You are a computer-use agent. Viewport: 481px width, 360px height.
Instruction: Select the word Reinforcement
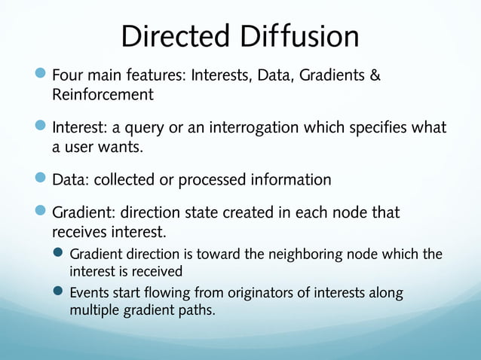(x=103, y=95)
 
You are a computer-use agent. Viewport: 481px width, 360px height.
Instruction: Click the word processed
(x=216, y=180)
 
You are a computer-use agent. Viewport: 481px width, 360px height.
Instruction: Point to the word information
(x=290, y=180)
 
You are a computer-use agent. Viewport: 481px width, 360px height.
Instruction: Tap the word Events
(x=89, y=292)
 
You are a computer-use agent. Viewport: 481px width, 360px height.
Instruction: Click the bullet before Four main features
(x=41, y=75)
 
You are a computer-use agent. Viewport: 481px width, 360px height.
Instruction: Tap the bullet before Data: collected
(x=41, y=178)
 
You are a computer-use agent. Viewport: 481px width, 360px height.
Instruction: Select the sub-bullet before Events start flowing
(x=58, y=291)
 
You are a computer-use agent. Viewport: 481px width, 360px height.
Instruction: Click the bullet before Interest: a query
(x=41, y=127)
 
